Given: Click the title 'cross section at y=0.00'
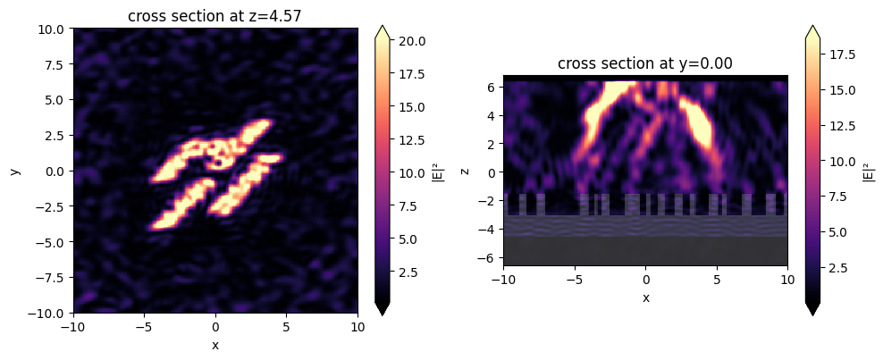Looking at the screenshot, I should pyautogui.click(x=645, y=63).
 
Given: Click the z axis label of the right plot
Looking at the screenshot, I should pyautogui.click(x=465, y=171).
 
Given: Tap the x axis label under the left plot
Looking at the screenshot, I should pyautogui.click(x=215, y=345).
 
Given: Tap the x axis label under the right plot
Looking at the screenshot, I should pyautogui.click(x=645, y=297).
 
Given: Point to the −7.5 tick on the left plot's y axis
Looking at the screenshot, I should pyautogui.click(x=50, y=277).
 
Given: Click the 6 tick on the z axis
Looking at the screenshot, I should pyautogui.click(x=492, y=87).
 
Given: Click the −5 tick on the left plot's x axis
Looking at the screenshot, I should pyautogui.click(x=144, y=327).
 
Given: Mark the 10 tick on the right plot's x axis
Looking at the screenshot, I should pyautogui.click(x=787, y=279).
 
